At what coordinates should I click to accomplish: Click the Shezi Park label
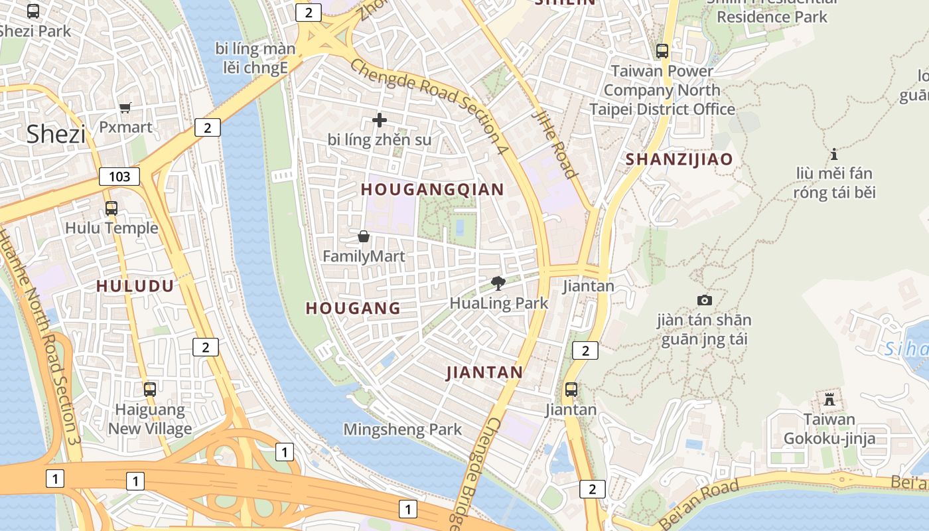pos(35,31)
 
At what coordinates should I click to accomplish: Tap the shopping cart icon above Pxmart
pos(125,108)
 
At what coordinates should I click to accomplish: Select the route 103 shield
pos(119,177)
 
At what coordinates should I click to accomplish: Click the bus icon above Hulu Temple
pos(111,208)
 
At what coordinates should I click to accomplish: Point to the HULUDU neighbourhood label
pos(135,286)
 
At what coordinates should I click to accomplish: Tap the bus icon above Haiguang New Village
pos(150,390)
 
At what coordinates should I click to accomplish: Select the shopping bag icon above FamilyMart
pos(364,236)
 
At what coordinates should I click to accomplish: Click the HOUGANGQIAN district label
pos(433,190)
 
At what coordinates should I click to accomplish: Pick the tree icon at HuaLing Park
pos(498,283)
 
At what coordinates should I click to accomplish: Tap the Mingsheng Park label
pos(402,429)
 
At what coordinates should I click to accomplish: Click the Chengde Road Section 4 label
pos(429,107)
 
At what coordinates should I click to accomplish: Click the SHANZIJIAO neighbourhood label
pos(679,159)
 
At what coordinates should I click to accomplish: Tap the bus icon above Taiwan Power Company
pos(662,50)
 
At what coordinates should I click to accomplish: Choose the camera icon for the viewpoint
pos(705,300)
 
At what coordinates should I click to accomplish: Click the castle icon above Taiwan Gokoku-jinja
pos(829,400)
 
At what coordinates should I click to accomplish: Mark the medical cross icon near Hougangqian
pos(380,120)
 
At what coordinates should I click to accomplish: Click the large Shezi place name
pos(56,135)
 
